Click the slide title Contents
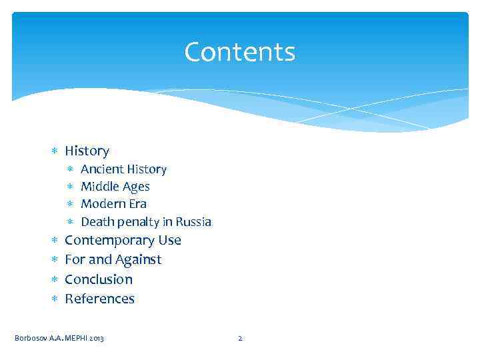point(239,52)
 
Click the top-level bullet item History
point(87,151)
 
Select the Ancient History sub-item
point(123,169)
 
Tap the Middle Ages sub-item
point(115,187)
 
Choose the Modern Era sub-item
point(113,204)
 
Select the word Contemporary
point(109,240)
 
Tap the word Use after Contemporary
point(169,240)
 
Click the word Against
point(138,259)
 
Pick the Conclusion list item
point(99,279)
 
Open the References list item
point(99,299)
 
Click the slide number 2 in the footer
point(240,339)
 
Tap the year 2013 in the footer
point(95,339)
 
